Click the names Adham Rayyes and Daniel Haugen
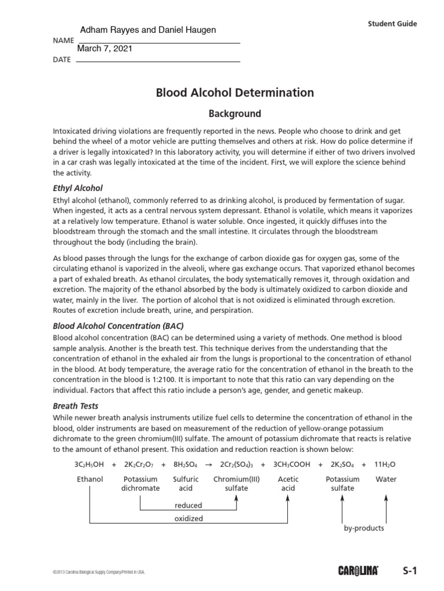(147, 30)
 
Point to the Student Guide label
(392, 24)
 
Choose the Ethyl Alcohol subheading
(77, 188)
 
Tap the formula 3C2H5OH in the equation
(88, 464)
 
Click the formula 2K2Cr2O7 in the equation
(139, 464)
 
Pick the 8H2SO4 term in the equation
(186, 464)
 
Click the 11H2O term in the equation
(386, 464)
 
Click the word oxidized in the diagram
(188, 518)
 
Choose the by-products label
(364, 528)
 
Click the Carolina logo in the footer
(358, 571)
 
